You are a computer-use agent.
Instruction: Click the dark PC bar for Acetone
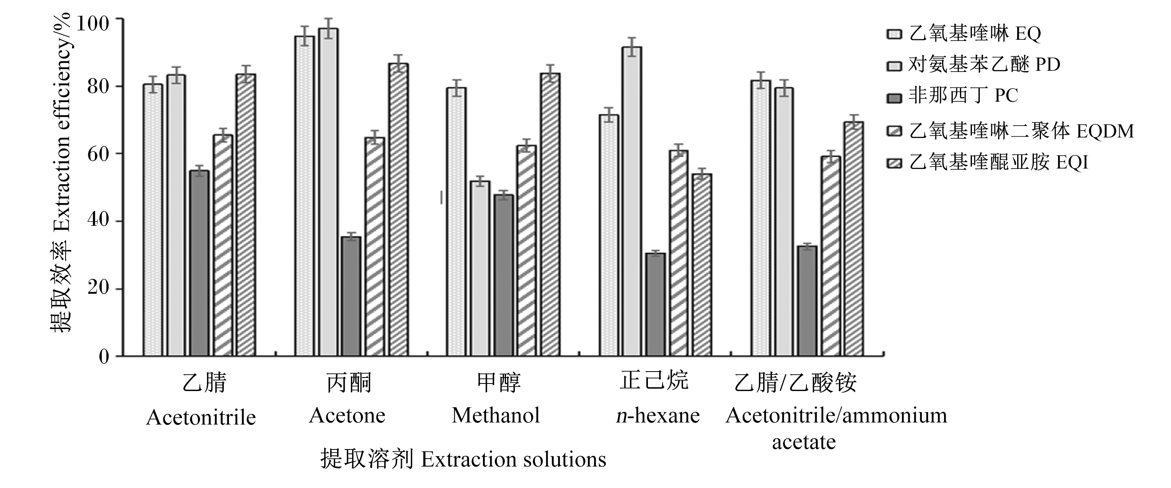click(351, 296)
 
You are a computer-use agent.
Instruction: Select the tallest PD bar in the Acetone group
click(328, 192)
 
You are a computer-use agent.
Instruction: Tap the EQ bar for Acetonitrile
click(153, 220)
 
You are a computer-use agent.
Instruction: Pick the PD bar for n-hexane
click(632, 201)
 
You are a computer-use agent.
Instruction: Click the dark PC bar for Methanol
click(504, 275)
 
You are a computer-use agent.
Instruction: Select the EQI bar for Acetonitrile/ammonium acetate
click(854, 239)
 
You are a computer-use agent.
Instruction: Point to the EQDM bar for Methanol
click(526, 251)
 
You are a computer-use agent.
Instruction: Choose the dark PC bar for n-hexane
click(655, 304)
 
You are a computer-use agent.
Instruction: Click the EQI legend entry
click(987, 163)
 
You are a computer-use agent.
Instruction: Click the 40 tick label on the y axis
click(99, 221)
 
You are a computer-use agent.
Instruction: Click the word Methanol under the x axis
click(496, 415)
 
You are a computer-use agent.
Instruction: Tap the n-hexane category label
click(657, 415)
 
